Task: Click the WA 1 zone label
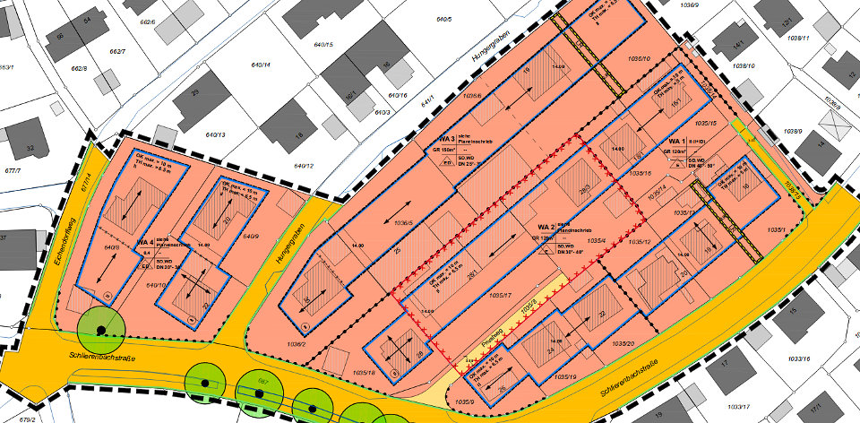(x=675, y=142)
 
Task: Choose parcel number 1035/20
(x=623, y=343)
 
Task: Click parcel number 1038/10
(x=744, y=66)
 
